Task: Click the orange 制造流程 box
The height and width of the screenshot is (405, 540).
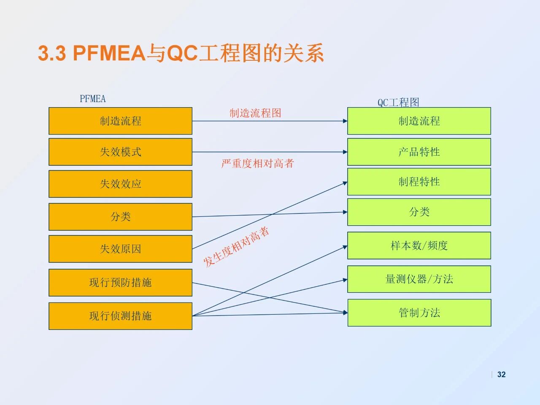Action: point(120,121)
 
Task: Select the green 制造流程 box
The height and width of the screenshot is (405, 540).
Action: point(419,121)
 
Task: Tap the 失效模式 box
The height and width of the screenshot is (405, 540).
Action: point(120,152)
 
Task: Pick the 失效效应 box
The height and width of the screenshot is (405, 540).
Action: point(120,184)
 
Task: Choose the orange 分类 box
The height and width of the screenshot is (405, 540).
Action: point(120,217)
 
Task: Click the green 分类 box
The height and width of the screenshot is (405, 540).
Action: point(419,212)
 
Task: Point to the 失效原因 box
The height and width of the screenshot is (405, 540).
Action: point(120,249)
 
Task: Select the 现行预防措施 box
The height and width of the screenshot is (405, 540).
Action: point(120,283)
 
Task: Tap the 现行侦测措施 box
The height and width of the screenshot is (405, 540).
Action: point(120,316)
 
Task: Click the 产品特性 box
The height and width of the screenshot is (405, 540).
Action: point(419,152)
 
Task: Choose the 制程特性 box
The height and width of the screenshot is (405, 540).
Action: point(419,182)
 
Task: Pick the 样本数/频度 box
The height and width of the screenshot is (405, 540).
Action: point(419,246)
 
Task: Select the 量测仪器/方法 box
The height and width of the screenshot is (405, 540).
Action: point(419,279)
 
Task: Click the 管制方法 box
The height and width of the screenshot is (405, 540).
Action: point(419,313)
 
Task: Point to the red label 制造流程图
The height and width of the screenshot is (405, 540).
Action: point(255,113)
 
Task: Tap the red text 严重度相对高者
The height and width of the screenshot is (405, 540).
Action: point(257,164)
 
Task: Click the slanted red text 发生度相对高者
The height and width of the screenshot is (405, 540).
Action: point(236,247)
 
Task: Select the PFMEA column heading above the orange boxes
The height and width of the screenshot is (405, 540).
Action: point(93,99)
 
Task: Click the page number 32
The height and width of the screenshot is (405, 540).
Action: point(501,375)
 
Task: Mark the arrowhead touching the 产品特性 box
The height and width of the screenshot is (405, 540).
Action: point(345,152)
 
